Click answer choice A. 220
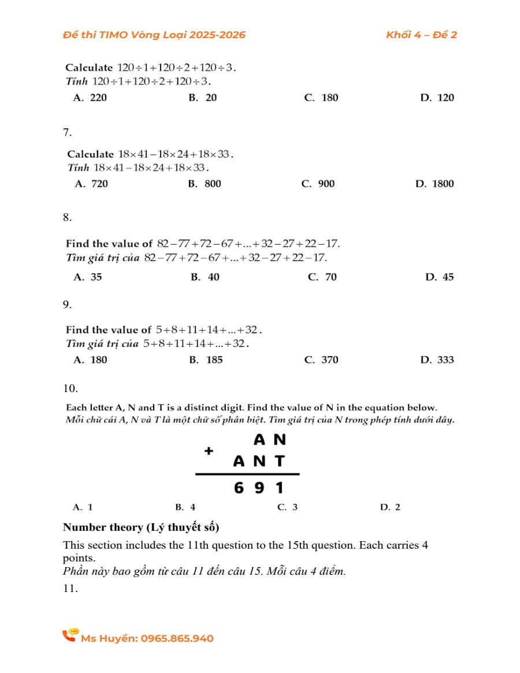[90, 98]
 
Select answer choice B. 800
[205, 184]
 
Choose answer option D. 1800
[434, 184]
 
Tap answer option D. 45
[440, 277]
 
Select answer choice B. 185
[206, 360]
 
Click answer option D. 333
[437, 360]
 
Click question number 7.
[68, 132]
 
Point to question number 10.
[70, 388]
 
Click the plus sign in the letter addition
[209, 450]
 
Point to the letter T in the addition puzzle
[280, 461]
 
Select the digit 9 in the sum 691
[259, 489]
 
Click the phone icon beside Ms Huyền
[70, 635]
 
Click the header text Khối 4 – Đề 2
[421, 35]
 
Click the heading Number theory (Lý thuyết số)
[141, 527]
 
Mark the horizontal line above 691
[247, 474]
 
